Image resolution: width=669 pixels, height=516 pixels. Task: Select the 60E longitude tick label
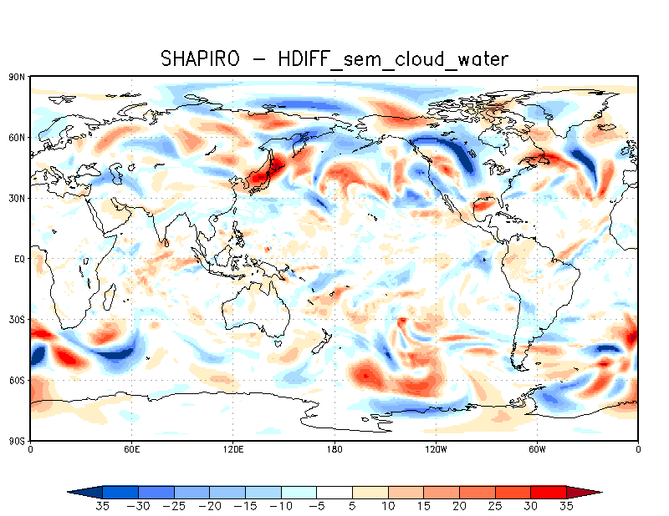(131, 449)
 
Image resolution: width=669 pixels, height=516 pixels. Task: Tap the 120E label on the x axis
(232, 449)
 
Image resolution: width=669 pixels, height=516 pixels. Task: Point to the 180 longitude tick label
(334, 449)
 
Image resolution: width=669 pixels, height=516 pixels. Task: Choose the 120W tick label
(436, 449)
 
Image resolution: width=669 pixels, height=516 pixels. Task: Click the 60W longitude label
(537, 449)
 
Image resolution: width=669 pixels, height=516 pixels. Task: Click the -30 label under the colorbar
(138, 505)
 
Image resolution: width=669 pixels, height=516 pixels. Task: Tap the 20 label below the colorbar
(459, 505)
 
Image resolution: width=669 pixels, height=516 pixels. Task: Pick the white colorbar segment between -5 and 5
(334, 492)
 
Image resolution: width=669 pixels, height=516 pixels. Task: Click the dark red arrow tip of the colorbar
(585, 492)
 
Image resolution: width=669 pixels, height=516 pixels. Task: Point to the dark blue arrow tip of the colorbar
(84, 492)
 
